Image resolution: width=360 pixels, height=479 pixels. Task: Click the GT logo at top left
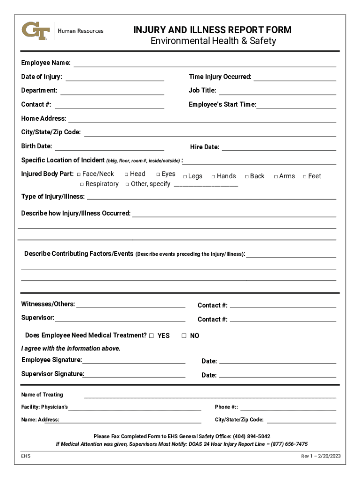click(36, 30)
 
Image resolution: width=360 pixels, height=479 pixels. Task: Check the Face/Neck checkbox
click(79, 174)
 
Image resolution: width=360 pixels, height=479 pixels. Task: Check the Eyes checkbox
click(158, 174)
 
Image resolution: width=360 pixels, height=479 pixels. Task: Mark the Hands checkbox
click(213, 176)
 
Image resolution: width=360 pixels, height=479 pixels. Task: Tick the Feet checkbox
click(304, 176)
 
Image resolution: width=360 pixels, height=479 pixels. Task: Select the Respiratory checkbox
click(82, 184)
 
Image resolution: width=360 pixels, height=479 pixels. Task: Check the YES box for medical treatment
click(151, 335)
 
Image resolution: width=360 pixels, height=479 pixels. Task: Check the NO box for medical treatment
click(184, 335)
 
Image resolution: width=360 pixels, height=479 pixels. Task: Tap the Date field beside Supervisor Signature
click(277, 375)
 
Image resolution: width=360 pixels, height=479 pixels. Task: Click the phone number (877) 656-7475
click(288, 444)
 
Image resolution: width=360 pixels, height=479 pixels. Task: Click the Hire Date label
click(204, 147)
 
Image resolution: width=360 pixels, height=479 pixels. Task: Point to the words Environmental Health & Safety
click(213, 41)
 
